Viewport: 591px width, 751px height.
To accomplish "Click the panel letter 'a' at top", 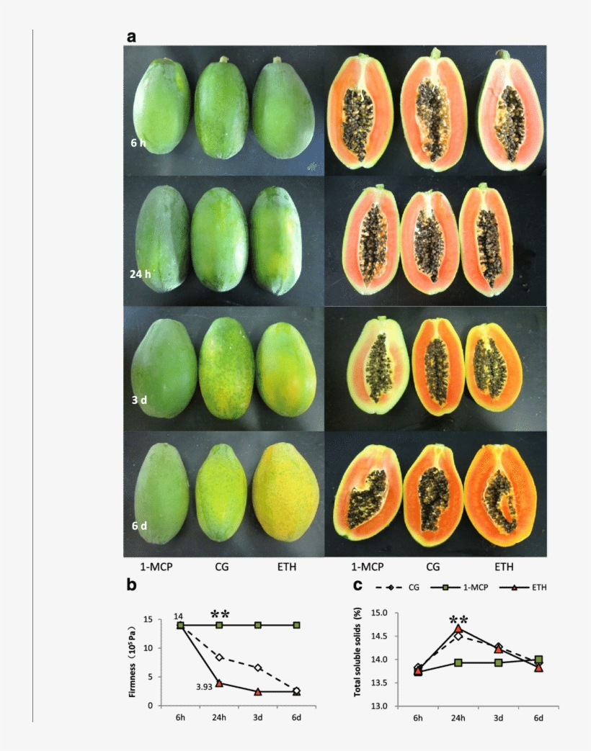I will coord(132,37).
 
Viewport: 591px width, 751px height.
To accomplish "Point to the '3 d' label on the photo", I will coord(139,399).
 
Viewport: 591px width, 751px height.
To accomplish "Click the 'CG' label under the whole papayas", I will coord(222,567).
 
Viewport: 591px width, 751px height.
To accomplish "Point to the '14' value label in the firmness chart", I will coord(178,616).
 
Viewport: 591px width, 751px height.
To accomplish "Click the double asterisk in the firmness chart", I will coord(220,614).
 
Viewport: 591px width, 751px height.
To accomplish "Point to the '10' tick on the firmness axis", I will coord(168,648).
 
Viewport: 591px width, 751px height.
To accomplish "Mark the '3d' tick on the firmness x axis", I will coord(257,718).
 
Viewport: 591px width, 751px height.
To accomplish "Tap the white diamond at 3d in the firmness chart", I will coord(257,667).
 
